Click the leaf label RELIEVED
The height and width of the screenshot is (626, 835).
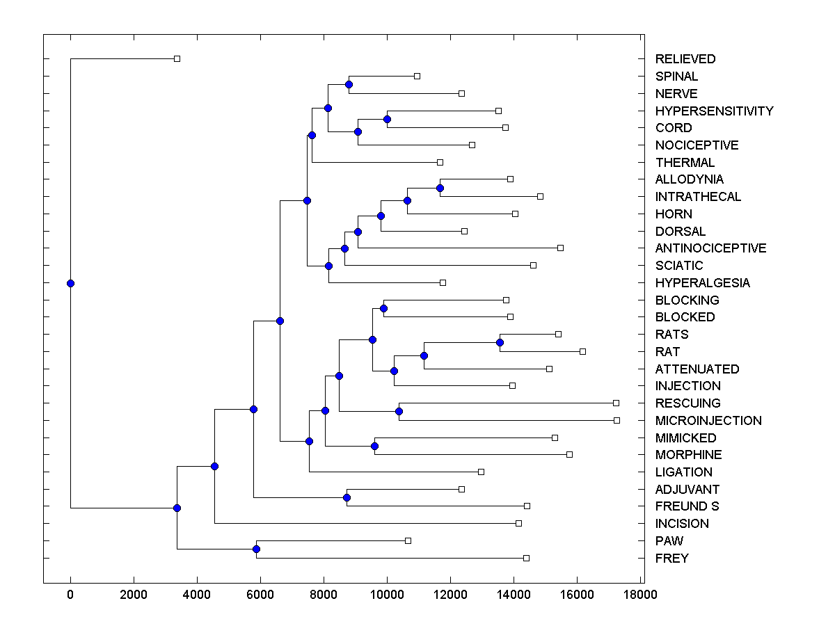point(685,59)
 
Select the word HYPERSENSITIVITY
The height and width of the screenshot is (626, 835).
point(714,111)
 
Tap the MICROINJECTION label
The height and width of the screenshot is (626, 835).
point(708,421)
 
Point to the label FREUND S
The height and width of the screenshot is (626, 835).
point(687,506)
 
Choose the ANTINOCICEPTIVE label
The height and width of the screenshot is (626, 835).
point(710,248)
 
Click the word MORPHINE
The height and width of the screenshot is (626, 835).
point(688,455)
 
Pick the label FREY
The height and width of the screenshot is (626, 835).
point(671,559)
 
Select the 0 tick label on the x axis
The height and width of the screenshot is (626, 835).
point(70,595)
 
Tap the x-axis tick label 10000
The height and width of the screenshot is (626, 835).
point(387,595)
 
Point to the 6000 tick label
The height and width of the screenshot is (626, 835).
point(260,595)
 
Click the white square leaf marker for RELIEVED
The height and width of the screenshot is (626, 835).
point(177,59)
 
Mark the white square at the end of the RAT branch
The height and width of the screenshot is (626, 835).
point(582,351)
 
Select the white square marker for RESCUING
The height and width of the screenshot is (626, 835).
point(616,403)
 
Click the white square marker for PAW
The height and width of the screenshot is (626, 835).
point(408,540)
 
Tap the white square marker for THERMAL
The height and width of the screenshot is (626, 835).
point(440,162)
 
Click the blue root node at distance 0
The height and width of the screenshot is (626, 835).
point(70,283)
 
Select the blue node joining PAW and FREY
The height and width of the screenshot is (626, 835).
point(256,549)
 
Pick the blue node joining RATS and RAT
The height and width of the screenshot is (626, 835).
point(500,342)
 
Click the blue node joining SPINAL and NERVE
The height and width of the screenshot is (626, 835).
point(349,84)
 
